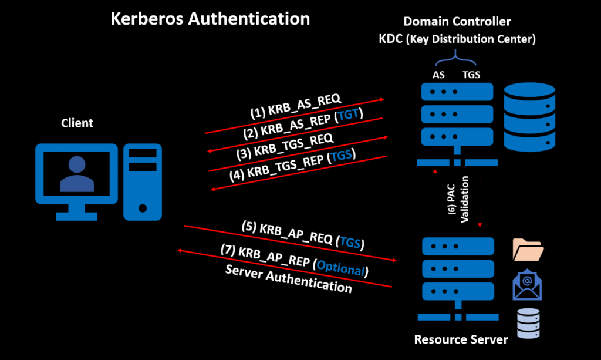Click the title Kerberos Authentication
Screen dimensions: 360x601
[x=210, y=19]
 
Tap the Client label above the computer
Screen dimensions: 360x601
[x=77, y=123]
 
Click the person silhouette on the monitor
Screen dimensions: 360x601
[x=77, y=174]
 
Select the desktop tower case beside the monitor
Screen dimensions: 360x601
[x=143, y=181]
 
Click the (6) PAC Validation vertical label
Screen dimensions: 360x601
[x=458, y=198]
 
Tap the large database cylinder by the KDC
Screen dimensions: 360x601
[x=529, y=115]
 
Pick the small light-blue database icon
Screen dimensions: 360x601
[x=528, y=321]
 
